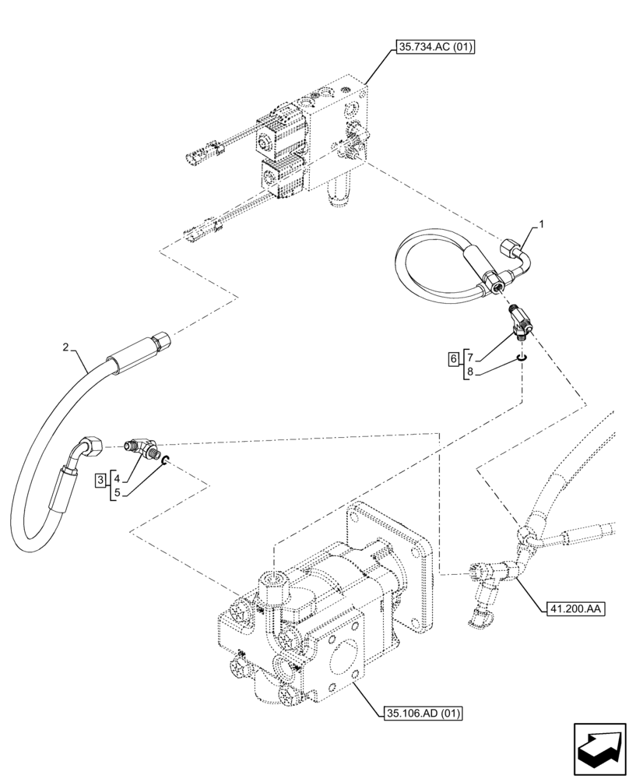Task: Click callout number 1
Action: pyautogui.click(x=543, y=224)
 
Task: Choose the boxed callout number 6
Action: pyautogui.click(x=452, y=359)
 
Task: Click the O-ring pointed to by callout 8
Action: pyautogui.click(x=522, y=358)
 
